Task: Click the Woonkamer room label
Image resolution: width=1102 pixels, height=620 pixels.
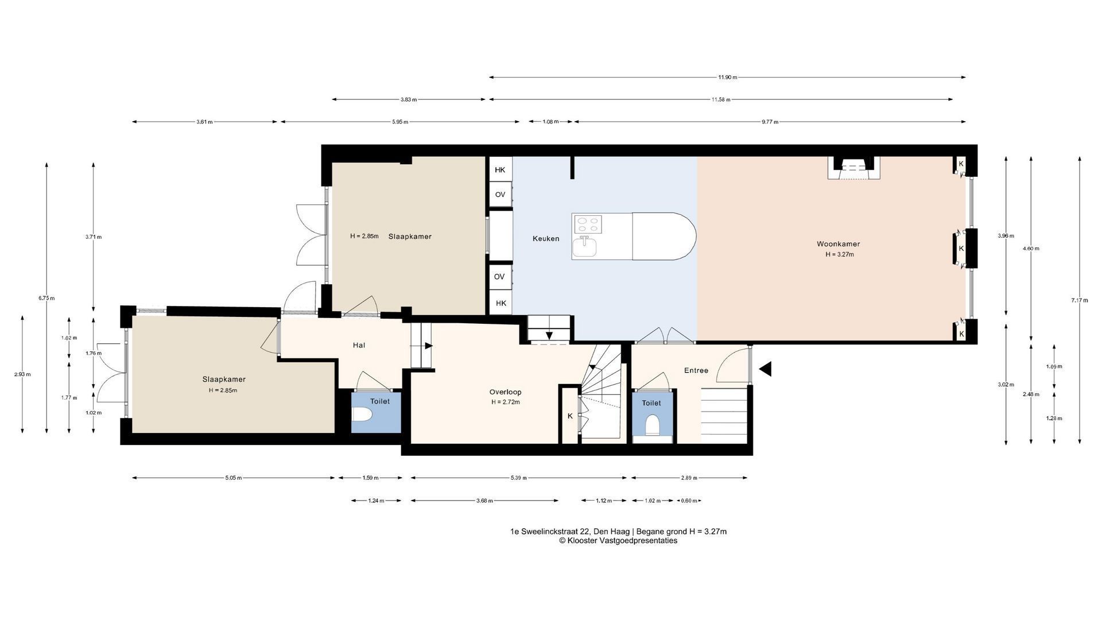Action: point(838,244)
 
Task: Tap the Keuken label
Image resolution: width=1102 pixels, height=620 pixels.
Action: point(546,239)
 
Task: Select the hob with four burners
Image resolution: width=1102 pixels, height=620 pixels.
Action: point(587,224)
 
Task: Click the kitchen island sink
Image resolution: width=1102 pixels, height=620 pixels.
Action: point(585,247)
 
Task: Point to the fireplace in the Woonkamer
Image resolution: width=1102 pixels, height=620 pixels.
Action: point(853,168)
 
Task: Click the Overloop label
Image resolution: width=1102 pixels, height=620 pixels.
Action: point(505,392)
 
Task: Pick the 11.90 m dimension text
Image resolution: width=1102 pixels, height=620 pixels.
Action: point(727,77)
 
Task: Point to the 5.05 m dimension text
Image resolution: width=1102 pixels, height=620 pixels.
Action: point(233,478)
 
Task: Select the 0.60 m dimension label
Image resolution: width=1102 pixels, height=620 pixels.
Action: point(689,501)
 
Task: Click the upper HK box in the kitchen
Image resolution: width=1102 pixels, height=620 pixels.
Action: point(500,170)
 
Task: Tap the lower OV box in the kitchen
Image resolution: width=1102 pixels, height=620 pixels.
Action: point(499,277)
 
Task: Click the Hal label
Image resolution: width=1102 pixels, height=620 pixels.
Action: point(359,345)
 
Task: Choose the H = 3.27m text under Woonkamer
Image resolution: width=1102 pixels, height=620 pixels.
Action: point(840,254)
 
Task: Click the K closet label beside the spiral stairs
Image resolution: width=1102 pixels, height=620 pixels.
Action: point(570,416)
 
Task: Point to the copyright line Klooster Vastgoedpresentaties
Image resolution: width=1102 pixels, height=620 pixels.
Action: point(618,541)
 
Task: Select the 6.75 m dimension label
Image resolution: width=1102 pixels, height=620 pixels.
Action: point(46,298)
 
